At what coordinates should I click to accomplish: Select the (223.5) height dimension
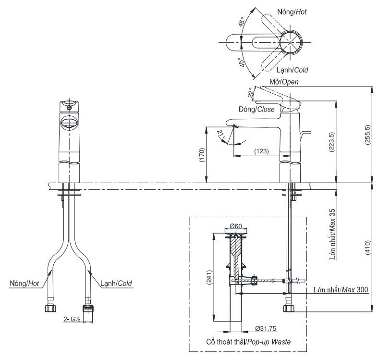[331, 142]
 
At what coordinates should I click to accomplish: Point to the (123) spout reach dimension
[261, 151]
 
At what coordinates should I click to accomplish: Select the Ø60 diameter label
[235, 225]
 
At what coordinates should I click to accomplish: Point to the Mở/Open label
[283, 82]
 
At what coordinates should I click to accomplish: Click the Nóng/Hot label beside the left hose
[24, 283]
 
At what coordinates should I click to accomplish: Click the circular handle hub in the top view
[291, 41]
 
